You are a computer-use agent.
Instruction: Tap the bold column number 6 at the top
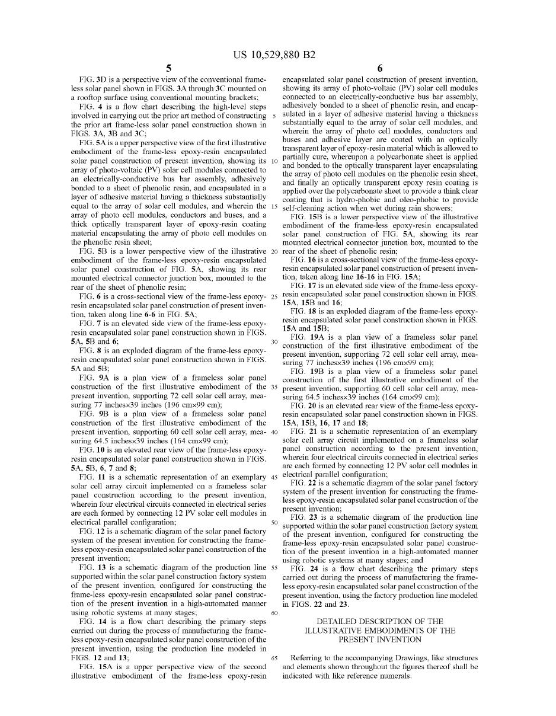[380, 68]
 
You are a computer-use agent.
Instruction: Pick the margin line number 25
[274, 296]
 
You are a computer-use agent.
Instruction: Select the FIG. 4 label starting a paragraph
[90, 106]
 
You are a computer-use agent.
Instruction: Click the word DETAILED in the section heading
[335, 622]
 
